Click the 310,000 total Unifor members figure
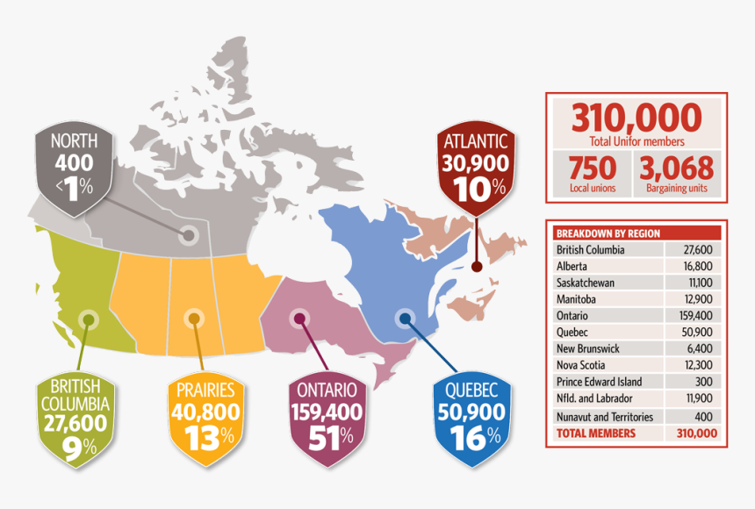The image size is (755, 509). [636, 118]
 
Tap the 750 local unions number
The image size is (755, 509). [592, 168]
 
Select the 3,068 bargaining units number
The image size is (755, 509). [676, 168]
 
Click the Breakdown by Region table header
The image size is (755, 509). [608, 233]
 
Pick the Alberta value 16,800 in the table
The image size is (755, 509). [694, 266]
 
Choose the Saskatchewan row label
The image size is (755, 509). [585, 283]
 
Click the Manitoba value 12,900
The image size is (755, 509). [694, 299]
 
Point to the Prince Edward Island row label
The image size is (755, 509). [599, 382]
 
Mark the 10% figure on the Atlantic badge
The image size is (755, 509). [475, 186]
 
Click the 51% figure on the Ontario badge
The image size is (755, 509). [325, 436]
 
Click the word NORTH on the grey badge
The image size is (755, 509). [74, 140]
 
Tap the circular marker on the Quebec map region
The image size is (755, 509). [404, 318]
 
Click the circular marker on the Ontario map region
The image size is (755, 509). [299, 318]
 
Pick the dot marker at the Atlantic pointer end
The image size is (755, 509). [476, 265]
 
